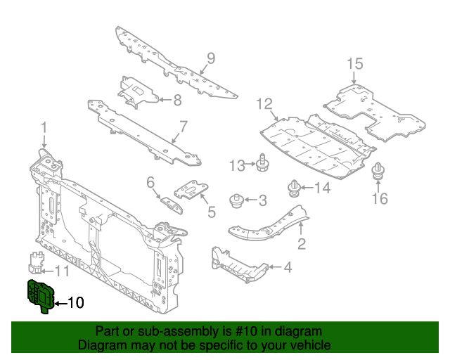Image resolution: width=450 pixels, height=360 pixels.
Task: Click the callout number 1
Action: tap(44, 127)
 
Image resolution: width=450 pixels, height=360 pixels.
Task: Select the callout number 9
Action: tap(210, 58)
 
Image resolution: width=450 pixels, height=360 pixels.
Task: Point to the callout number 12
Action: tap(264, 104)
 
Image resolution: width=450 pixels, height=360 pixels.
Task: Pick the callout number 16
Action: tap(378, 199)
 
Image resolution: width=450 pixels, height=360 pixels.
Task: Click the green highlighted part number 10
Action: tap(40, 293)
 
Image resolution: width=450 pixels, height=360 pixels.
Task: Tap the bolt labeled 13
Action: tap(262, 162)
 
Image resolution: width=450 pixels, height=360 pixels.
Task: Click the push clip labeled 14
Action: tap(293, 188)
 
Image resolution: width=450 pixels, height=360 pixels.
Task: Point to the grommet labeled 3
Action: tap(237, 200)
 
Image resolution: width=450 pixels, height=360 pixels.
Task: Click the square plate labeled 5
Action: tap(192, 192)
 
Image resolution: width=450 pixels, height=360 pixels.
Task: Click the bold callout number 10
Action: tap(75, 303)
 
